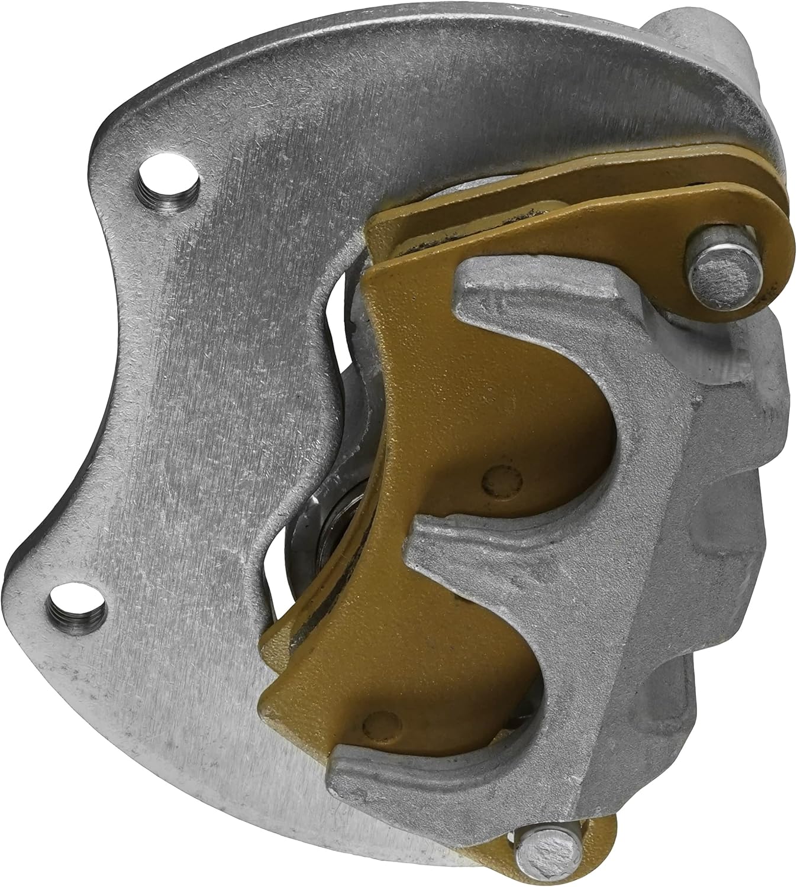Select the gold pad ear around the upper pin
click(751, 237)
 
